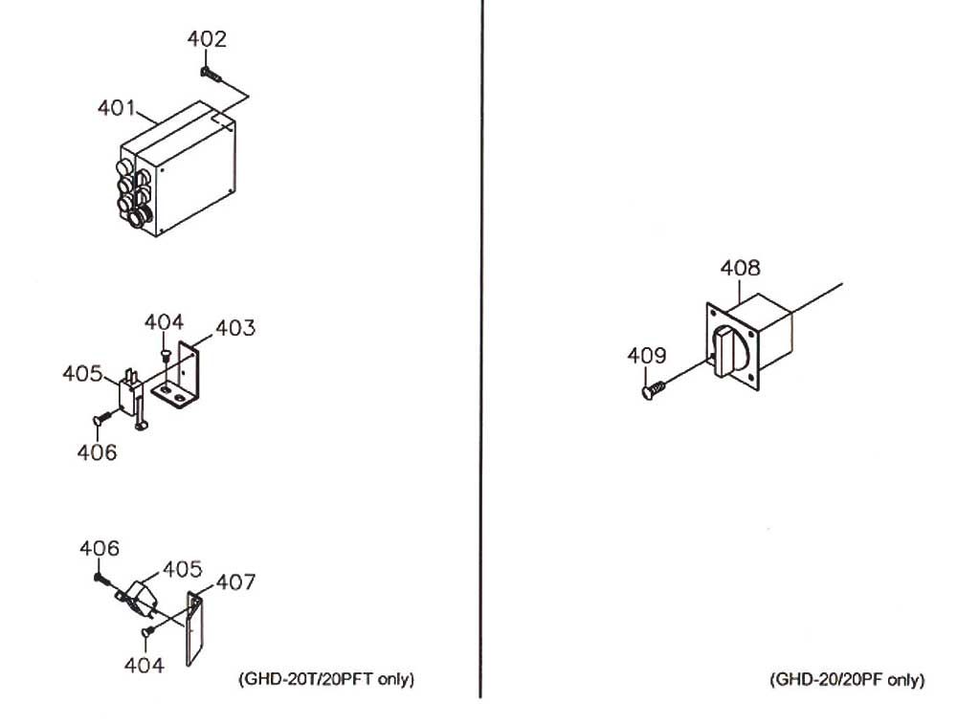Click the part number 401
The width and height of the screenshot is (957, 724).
(x=116, y=108)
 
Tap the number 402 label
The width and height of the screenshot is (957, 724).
(x=208, y=39)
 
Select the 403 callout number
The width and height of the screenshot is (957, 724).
(x=235, y=328)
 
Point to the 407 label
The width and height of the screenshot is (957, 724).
(x=235, y=581)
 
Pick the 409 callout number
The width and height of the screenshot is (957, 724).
(x=646, y=356)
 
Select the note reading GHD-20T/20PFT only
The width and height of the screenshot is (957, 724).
(x=325, y=680)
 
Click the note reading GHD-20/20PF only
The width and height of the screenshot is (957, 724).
(x=846, y=680)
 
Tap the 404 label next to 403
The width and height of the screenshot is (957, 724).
(x=164, y=322)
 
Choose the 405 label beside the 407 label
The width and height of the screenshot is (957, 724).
(x=182, y=570)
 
